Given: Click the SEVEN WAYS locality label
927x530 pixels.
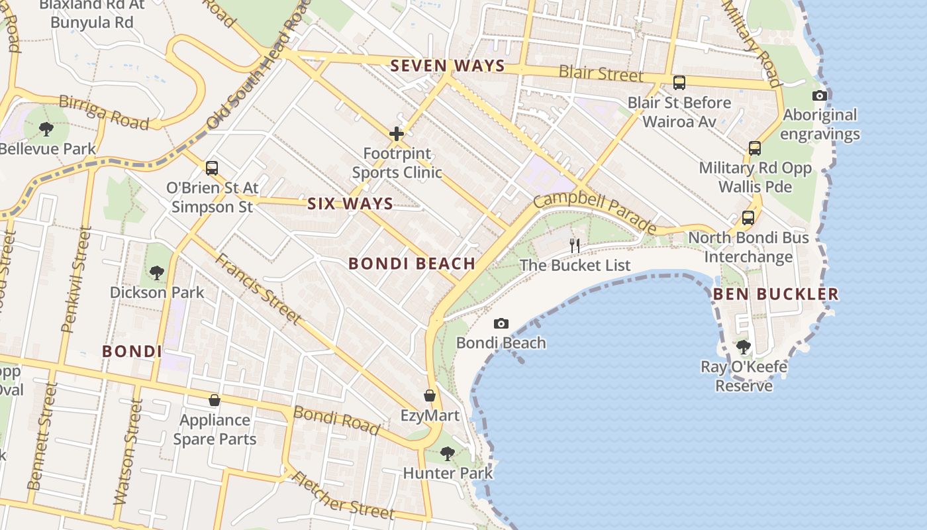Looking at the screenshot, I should tap(448, 66).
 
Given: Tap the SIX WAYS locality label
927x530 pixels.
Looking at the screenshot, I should tap(350, 204).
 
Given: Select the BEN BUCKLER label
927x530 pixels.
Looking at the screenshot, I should tap(775, 294).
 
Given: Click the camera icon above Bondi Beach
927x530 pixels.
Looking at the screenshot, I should tap(501, 323).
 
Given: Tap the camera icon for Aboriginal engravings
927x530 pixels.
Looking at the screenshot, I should tap(820, 95).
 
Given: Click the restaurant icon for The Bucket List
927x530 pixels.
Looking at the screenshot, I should tap(575, 245).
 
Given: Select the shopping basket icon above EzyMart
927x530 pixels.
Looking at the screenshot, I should tap(430, 396).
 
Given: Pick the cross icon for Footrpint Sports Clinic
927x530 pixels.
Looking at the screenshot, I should tap(397, 134).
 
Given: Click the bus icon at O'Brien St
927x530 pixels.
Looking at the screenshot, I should tap(212, 168).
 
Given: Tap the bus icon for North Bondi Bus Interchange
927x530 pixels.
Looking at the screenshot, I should tap(748, 217).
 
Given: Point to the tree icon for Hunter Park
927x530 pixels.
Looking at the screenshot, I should tap(448, 454).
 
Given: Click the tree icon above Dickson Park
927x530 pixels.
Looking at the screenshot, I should tap(157, 272).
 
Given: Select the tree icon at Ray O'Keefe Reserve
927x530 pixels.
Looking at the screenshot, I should tap(744, 346).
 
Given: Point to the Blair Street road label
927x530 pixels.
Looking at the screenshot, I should tap(601, 73).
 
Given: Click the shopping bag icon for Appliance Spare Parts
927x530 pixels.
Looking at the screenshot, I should tap(215, 400).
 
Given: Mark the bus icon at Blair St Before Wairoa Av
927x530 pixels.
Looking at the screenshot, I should tap(679, 83).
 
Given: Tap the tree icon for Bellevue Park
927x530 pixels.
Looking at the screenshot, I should tap(46, 129).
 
